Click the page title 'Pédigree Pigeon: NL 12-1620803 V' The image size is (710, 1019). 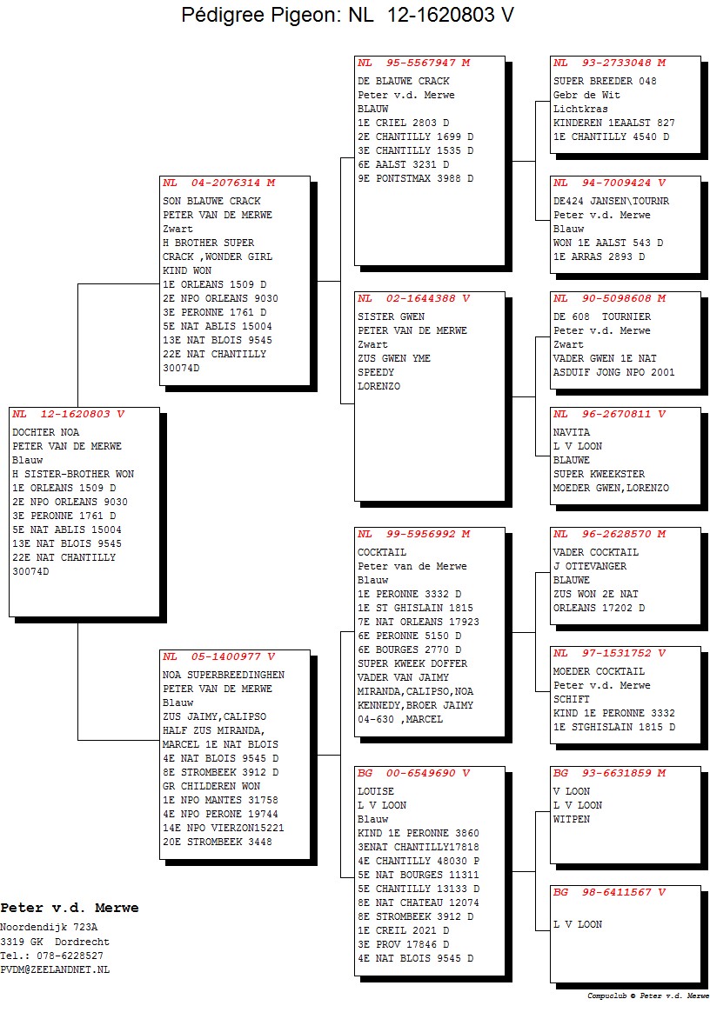pos(347,14)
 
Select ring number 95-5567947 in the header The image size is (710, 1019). pos(420,63)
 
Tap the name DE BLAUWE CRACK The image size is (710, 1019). pos(403,81)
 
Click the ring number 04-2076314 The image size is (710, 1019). pos(225,183)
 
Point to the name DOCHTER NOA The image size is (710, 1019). pos(45,432)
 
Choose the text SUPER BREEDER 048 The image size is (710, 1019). pos(605,81)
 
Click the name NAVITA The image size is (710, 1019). pos(572,432)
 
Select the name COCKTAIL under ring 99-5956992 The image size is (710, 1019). pos(382,552)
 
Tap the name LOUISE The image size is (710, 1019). pos(376,791)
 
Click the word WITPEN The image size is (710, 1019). pos(572,820)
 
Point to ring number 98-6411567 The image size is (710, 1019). pos(616,892)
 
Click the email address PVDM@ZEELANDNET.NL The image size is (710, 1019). pos(55,969)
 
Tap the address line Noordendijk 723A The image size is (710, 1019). pos(49,928)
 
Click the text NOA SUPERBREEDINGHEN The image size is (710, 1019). pos(224,676)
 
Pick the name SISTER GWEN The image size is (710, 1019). pos(391,316)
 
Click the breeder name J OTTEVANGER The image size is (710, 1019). pos(590,566)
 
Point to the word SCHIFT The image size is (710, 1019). pos(572,699)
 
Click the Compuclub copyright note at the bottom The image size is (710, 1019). pos(647,996)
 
